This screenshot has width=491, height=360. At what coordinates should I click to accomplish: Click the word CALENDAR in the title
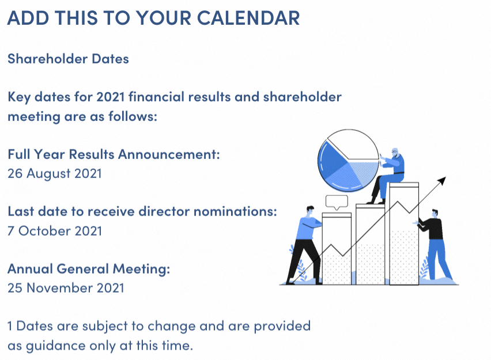[248, 18]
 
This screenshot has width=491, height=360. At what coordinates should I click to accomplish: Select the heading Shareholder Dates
[68, 59]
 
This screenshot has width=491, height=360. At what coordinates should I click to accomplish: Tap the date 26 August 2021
[55, 174]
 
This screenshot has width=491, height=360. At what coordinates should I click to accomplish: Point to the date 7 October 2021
[55, 231]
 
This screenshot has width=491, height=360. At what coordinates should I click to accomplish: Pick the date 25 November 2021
[66, 288]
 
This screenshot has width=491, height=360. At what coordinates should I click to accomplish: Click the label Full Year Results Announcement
[114, 154]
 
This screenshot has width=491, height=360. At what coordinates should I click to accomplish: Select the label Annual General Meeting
[89, 269]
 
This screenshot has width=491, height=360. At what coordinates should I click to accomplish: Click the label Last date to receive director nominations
[142, 211]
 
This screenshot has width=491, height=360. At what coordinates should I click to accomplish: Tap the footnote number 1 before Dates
[10, 326]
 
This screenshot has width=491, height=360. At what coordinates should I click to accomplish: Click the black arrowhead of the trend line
[442, 181]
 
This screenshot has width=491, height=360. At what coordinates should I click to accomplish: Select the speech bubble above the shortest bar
[337, 202]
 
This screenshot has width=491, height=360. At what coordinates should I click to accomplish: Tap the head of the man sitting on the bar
[395, 152]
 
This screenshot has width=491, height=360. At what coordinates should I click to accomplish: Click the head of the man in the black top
[435, 214]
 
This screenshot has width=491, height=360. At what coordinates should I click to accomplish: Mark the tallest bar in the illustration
[404, 234]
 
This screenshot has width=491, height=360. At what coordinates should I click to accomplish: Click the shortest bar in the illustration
[337, 249]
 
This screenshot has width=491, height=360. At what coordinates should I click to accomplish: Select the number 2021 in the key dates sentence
[111, 97]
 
